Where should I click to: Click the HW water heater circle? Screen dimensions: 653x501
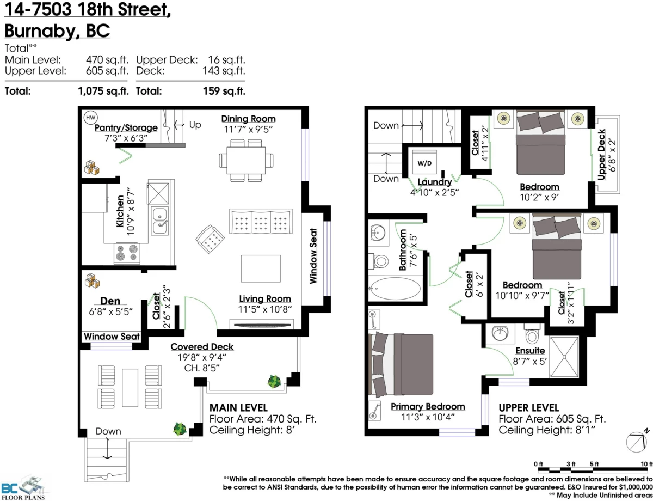point(90,118)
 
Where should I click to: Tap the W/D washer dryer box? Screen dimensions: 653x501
point(424,162)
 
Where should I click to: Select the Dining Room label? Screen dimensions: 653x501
point(248,119)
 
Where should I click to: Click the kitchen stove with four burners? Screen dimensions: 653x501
point(127,253)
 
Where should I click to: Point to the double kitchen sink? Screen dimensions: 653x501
point(159,221)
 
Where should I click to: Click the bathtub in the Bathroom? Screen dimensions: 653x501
point(395,288)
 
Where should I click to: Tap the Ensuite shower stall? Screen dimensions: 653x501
point(564,357)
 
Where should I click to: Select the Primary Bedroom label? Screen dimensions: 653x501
point(428,407)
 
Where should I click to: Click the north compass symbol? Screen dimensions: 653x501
point(637,442)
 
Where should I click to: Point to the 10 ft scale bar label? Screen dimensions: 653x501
point(646,464)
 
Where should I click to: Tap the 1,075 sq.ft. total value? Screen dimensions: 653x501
point(103,91)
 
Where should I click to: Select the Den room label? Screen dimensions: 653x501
point(110,301)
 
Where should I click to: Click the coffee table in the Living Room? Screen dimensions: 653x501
point(261,268)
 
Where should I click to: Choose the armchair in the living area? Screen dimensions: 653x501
point(210,239)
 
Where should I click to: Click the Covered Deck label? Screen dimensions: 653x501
point(202,347)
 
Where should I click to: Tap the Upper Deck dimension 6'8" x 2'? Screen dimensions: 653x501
point(612,155)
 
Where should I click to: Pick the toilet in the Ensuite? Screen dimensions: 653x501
point(532,333)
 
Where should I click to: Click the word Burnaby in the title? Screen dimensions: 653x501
point(40,31)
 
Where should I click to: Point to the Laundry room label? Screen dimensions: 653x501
point(435,182)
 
